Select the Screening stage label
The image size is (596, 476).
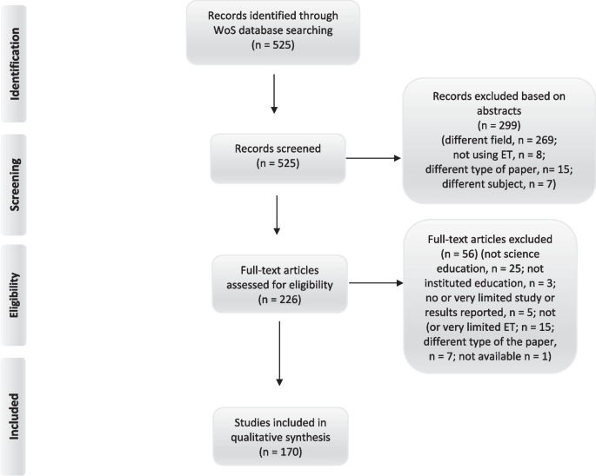(15, 179)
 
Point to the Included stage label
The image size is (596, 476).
(15, 417)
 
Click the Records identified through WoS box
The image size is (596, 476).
(274, 34)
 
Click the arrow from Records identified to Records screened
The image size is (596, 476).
(274, 94)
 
